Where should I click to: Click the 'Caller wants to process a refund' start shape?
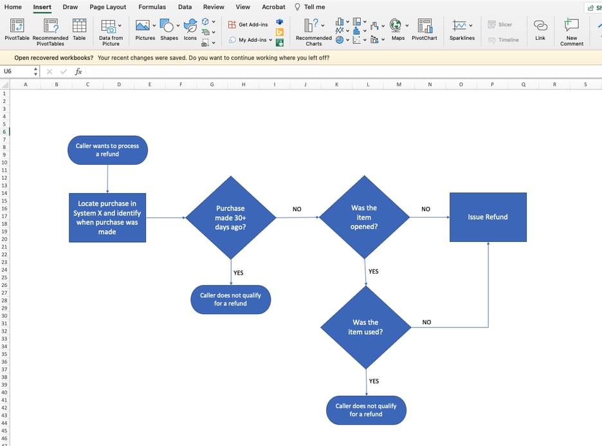107,150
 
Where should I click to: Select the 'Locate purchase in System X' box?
107,218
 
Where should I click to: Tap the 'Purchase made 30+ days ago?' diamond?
230,218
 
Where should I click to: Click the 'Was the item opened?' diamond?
364,217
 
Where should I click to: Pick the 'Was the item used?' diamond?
365,327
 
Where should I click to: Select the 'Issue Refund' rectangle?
488,218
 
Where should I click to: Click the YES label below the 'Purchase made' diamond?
239,273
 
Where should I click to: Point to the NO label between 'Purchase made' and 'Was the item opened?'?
296,209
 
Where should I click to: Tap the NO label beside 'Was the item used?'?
426,322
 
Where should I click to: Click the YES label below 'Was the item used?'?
374,381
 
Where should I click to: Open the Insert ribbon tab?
42,7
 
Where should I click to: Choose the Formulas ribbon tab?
152,7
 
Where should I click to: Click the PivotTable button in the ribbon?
17,30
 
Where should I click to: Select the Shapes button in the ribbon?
169,30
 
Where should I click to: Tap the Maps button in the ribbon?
398,30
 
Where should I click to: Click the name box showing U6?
15,71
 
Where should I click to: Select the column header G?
212,84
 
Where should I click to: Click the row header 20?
4,239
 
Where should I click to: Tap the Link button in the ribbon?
540,30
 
